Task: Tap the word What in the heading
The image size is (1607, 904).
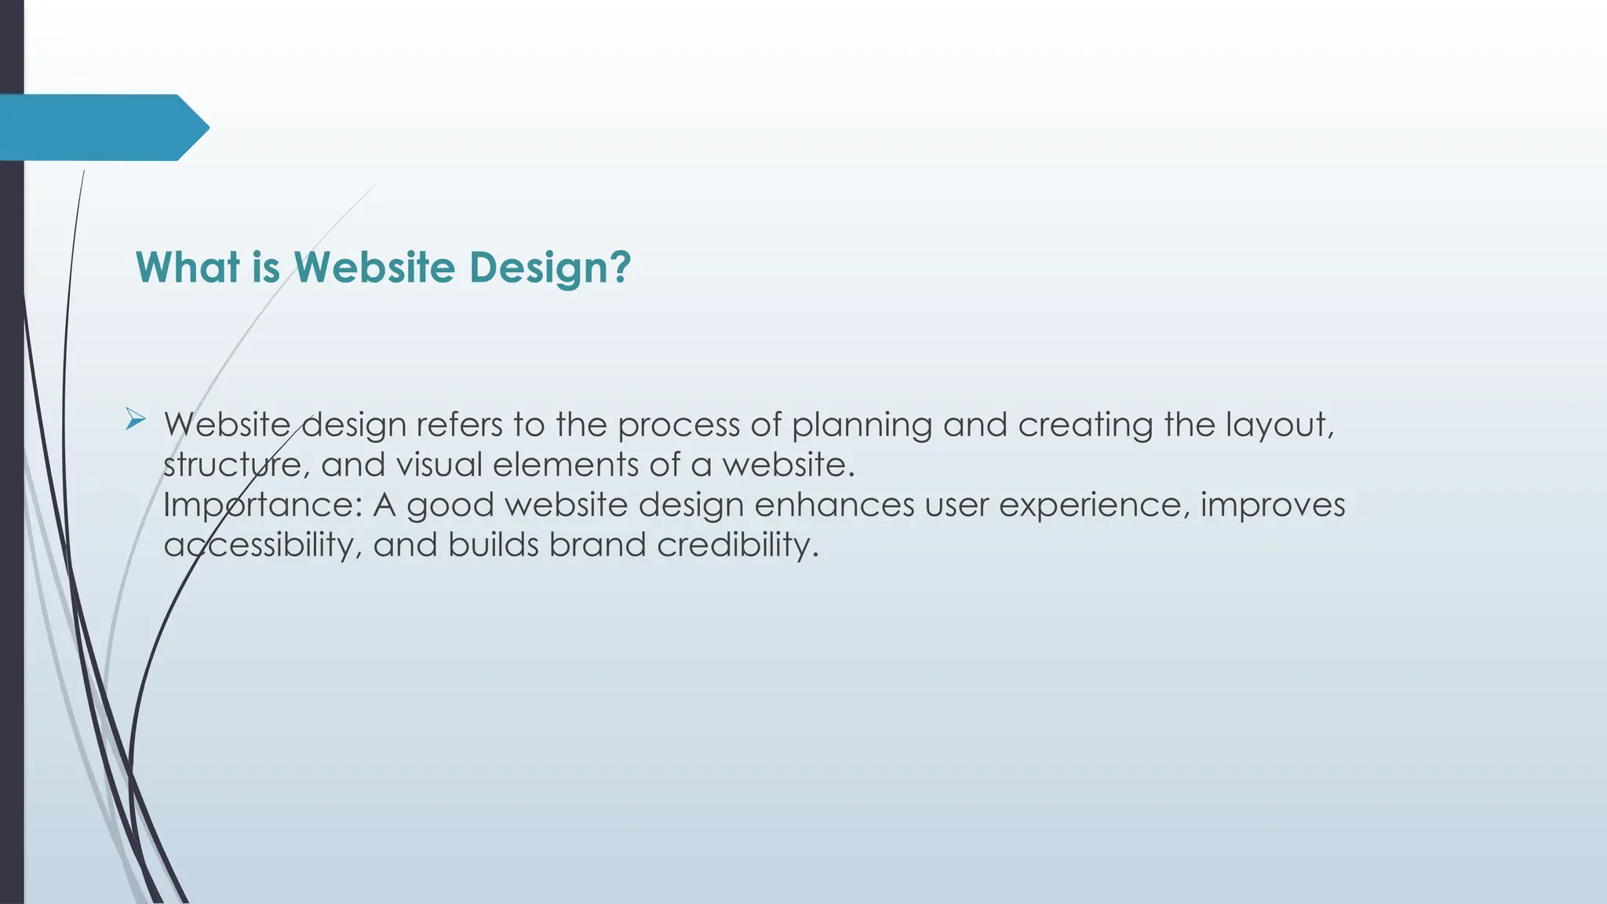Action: pyautogui.click(x=188, y=268)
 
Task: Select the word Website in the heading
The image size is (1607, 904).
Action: pyautogui.click(x=374, y=268)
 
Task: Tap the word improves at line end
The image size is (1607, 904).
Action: pyautogui.click(x=1273, y=505)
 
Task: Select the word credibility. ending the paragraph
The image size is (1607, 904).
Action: pyautogui.click(x=738, y=545)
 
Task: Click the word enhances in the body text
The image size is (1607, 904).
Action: pyautogui.click(x=834, y=505)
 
